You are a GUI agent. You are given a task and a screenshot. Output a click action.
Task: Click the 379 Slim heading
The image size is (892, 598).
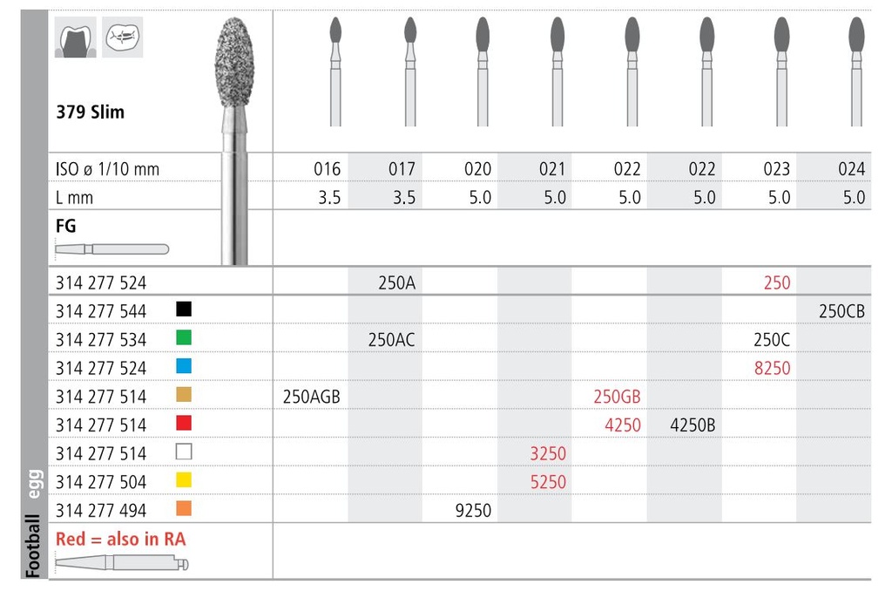point(90,112)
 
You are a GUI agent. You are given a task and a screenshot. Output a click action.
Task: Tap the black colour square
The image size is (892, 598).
point(183,309)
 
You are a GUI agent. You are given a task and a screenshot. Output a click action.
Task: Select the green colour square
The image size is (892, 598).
point(183,337)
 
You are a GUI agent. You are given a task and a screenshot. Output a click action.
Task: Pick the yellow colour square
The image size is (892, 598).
point(183,480)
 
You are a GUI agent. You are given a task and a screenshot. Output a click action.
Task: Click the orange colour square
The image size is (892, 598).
point(183,508)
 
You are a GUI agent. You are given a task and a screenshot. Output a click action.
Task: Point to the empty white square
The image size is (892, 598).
point(183,452)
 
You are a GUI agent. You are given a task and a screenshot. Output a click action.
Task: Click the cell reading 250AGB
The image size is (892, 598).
point(311,397)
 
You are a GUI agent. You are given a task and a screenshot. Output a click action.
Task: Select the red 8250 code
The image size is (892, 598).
point(773,368)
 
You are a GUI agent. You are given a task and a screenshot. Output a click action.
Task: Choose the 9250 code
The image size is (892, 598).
point(473,510)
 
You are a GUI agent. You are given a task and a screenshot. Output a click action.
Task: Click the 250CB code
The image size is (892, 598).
point(841,311)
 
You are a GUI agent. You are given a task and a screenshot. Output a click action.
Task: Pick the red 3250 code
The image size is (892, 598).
point(548,453)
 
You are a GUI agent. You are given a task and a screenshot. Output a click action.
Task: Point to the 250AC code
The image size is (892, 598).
point(391,340)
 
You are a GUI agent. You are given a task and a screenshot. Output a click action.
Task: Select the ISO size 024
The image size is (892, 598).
point(851,169)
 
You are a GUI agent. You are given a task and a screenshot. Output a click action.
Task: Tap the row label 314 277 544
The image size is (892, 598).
point(101,311)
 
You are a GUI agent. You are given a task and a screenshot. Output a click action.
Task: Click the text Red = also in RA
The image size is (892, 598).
point(120,540)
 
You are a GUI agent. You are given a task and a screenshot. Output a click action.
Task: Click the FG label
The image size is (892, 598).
point(65,227)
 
